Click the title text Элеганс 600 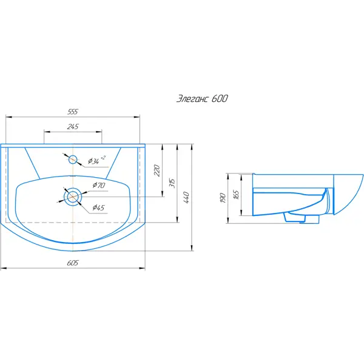(x=202, y=99)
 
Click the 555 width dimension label (x=73, y=112)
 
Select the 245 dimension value (x=73, y=127)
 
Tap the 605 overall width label (x=73, y=263)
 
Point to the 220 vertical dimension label (x=157, y=170)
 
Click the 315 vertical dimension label (x=172, y=183)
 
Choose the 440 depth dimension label (x=186, y=198)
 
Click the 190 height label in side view (x=223, y=198)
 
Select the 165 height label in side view (x=236, y=195)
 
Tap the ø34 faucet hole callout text (x=96, y=160)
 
